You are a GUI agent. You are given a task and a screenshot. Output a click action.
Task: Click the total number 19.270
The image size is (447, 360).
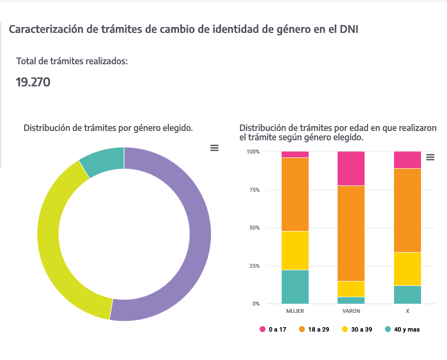point(33,82)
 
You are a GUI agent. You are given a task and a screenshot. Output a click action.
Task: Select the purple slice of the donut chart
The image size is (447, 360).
point(199,235)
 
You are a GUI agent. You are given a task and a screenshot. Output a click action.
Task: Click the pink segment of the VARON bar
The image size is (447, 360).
point(351,168)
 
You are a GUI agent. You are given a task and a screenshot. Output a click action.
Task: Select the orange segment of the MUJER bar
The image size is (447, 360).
point(295,194)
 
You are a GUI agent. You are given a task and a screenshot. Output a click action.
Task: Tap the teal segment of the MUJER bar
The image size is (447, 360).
point(295,287)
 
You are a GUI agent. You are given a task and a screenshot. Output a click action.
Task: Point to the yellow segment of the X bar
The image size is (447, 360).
point(408,269)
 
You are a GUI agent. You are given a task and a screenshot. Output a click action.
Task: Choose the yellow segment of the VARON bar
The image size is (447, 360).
point(351,289)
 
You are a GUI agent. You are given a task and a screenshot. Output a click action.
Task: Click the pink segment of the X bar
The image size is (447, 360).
point(408,160)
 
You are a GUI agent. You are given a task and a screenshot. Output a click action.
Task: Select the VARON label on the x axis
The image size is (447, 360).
point(351,311)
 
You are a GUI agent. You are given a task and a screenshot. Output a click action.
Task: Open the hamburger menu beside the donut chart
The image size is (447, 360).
point(214,148)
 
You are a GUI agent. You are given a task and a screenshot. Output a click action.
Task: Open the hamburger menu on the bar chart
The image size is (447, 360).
point(430,157)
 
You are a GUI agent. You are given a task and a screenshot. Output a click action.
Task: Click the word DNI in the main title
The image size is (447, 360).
point(349,29)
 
